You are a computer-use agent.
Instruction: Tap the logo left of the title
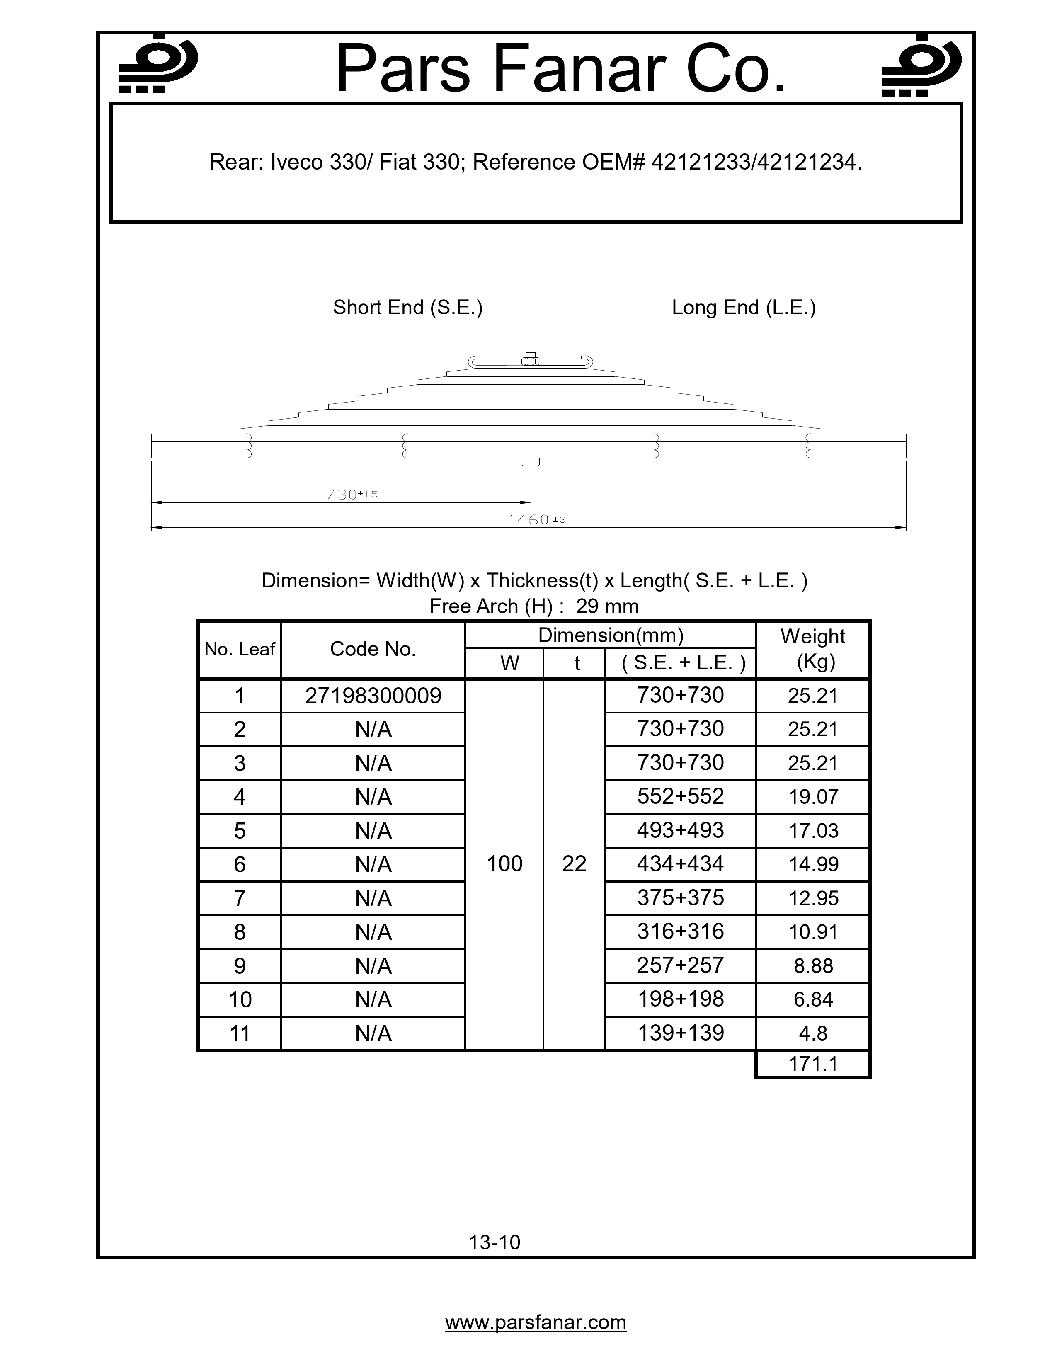coord(158,65)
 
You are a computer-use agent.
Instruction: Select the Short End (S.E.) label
coord(407,308)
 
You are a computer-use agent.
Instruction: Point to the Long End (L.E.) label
coord(743,308)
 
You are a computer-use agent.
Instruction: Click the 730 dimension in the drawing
coord(351,494)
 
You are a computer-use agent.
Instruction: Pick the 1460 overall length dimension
coord(536,519)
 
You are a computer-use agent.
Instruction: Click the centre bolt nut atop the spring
coord(531,359)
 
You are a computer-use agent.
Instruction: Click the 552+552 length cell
coord(680,796)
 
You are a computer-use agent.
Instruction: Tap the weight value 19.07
coord(813,797)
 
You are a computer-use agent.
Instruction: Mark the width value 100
coord(504,864)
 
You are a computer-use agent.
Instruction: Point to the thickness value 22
coord(574,864)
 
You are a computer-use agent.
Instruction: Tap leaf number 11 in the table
coord(240,1033)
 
